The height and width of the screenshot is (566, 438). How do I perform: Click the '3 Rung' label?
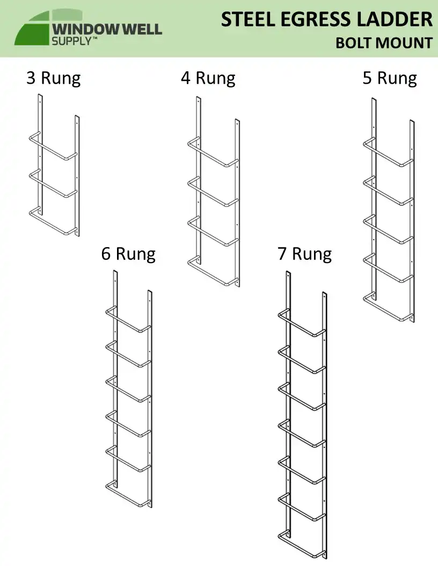54,78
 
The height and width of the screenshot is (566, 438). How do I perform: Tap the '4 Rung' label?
208,78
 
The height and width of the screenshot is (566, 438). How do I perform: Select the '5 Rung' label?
390,78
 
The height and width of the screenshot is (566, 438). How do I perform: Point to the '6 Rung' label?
128,254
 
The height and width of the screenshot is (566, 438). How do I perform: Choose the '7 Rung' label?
305,254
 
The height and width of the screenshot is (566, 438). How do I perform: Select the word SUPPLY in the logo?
71,41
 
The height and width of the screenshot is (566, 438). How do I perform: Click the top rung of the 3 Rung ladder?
53,146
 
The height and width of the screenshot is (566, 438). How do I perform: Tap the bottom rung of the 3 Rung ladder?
53,221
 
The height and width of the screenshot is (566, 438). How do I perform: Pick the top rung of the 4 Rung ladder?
213,152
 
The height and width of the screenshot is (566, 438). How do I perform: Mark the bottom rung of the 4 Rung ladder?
213,271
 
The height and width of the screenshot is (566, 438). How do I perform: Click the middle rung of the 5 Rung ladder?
388,229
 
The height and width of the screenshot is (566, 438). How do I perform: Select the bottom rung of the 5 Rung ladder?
388,307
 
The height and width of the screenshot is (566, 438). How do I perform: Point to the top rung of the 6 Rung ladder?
128,319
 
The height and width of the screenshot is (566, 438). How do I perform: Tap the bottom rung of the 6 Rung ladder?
128,494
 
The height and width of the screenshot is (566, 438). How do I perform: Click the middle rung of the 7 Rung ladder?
302,434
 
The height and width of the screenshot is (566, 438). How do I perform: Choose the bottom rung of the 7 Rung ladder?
302,544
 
